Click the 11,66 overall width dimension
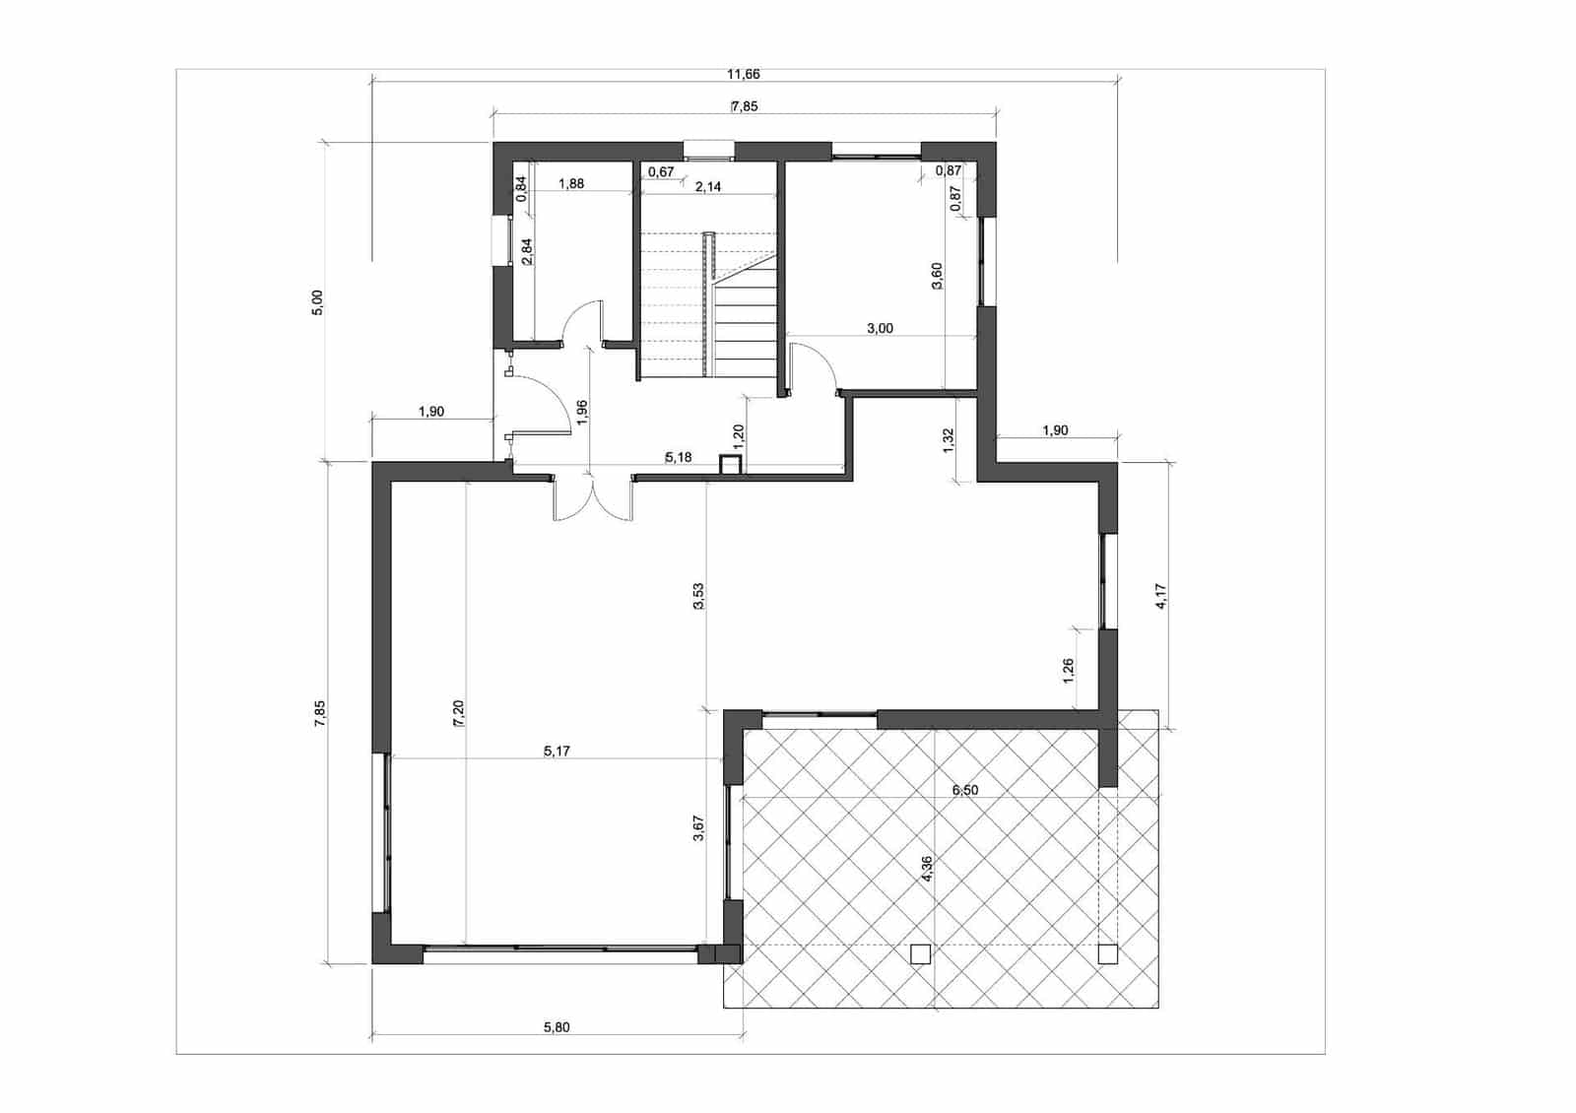point(743,74)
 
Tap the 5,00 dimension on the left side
point(318,302)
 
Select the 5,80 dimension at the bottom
point(557,1027)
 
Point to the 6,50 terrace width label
point(964,790)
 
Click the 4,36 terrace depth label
point(927,869)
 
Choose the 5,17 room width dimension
point(557,752)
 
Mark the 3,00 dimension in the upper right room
point(880,328)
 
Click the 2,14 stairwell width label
point(708,187)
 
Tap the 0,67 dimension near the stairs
point(661,171)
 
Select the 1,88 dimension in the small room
point(571,184)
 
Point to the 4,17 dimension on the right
point(1161,597)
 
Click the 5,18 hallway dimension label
point(679,457)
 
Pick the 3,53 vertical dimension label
point(698,596)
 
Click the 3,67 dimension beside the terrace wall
point(698,828)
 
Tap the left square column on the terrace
point(920,953)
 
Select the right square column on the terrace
point(1108,953)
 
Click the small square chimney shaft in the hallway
point(730,465)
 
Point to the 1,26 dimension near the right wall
point(1069,671)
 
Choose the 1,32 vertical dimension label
point(949,440)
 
